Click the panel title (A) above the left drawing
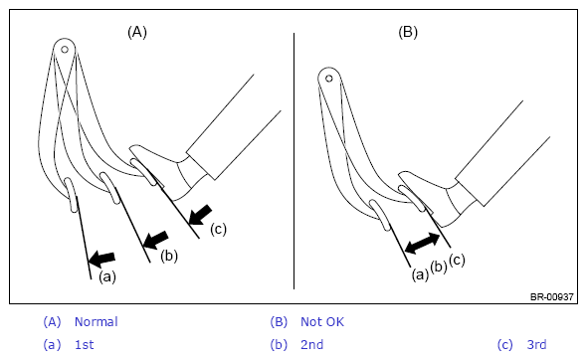tap(137, 32)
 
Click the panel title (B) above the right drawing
tap(408, 32)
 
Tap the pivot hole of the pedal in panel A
tap(65, 50)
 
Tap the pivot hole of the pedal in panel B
tap(329, 79)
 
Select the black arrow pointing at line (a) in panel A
tap(101, 259)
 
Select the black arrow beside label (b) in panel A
tap(156, 240)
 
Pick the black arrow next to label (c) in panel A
tap(201, 215)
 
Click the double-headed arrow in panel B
tap(423, 244)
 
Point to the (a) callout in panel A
tap(107, 276)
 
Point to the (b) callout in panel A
tap(169, 256)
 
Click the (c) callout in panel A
tap(218, 229)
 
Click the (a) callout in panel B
tap(420, 275)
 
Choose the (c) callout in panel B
tap(457, 260)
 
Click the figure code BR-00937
tap(552, 296)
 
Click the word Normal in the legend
tap(97, 322)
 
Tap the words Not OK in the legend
tap(322, 322)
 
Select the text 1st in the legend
tap(85, 345)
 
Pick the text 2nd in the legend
tap(311, 345)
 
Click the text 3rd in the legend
tap(537, 345)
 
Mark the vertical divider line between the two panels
tap(293, 161)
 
